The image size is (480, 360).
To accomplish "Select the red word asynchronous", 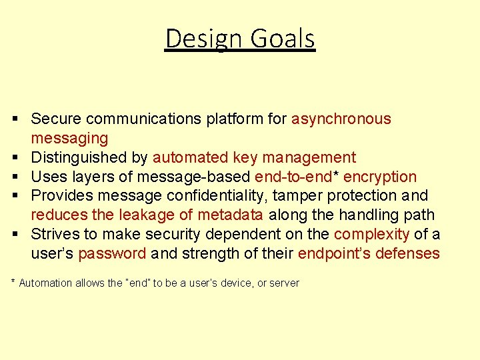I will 341,119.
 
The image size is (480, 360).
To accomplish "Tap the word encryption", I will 380,177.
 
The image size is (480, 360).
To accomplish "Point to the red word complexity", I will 372,235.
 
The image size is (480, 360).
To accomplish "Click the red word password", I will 112,254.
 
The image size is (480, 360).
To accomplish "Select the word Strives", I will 54,235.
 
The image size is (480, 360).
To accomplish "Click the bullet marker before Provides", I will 15,196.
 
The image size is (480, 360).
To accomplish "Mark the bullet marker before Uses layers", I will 15,177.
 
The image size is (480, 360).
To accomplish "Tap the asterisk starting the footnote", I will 13,282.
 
